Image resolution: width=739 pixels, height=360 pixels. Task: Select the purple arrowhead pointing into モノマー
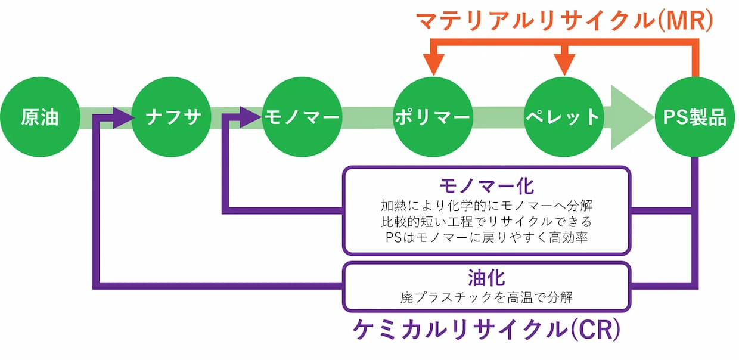tap(250, 117)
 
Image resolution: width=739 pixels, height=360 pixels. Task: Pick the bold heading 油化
tap(486, 277)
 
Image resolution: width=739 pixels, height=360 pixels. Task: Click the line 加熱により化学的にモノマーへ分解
tap(486, 205)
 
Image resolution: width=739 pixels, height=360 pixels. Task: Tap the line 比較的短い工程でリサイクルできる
tap(486, 222)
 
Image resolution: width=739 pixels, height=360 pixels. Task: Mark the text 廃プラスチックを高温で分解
tap(486, 296)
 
